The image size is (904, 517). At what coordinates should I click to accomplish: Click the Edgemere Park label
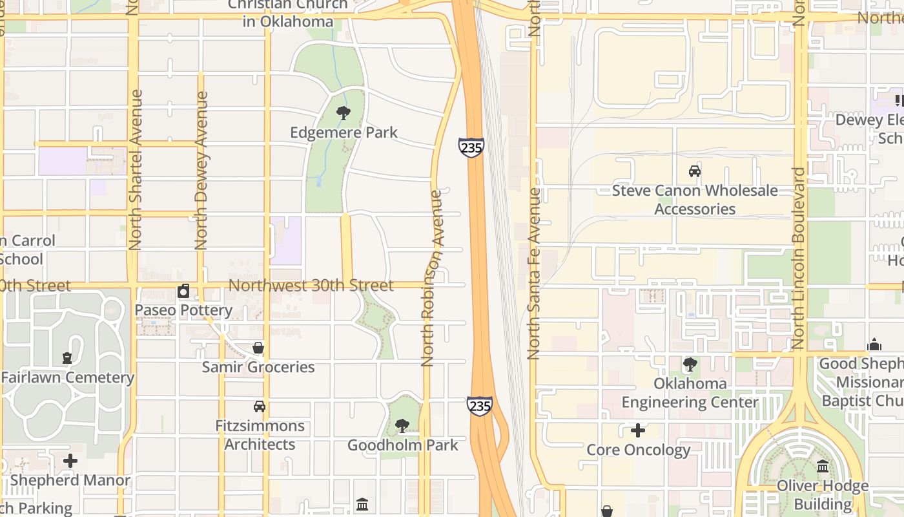click(344, 133)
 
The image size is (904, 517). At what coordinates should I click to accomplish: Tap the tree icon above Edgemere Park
click(344, 114)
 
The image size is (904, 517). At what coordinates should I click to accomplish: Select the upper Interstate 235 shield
click(471, 147)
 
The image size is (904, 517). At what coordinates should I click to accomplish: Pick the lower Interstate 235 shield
click(480, 406)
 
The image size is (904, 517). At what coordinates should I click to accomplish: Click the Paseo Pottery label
click(183, 310)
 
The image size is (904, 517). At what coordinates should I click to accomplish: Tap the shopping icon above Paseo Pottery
click(183, 291)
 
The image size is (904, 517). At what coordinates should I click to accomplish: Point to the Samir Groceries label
click(258, 367)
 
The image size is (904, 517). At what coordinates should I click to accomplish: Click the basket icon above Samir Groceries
click(258, 348)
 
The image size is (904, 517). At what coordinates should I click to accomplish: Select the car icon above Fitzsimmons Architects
click(260, 406)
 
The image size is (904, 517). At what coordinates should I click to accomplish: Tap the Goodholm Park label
click(403, 445)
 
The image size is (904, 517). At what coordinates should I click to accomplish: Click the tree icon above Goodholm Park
click(402, 426)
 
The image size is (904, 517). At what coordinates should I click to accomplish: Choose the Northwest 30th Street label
click(311, 286)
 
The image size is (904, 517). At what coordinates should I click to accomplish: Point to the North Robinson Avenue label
click(432, 278)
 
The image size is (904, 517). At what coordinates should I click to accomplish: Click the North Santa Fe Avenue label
click(533, 273)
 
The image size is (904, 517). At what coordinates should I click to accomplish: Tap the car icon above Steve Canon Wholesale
click(695, 171)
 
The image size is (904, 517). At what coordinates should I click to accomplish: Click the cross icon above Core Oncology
click(638, 430)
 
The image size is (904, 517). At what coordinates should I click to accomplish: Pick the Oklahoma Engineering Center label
click(690, 393)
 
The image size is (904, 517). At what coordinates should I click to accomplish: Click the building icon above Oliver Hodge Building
click(823, 466)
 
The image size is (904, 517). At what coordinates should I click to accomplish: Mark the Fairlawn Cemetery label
click(68, 377)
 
